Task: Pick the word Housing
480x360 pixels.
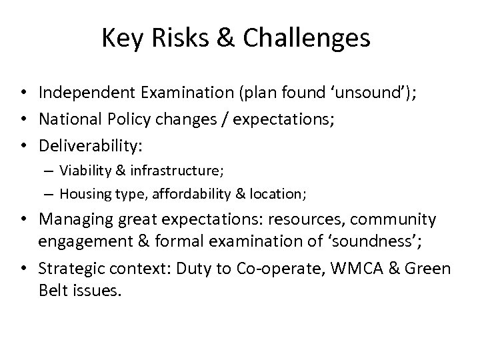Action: click(82, 194)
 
